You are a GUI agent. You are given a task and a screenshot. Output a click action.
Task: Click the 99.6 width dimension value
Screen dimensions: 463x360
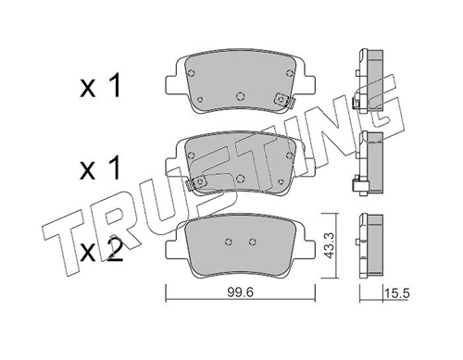[241, 292]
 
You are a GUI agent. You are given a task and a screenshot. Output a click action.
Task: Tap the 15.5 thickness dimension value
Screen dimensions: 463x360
[396, 293]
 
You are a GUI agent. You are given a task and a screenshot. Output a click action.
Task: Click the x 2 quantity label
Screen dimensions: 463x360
[101, 252]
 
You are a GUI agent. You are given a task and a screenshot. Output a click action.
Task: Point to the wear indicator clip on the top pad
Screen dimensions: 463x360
[284, 100]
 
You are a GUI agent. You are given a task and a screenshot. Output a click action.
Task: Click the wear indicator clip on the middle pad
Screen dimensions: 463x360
[196, 183]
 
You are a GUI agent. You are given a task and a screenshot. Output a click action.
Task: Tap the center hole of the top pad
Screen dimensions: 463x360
[240, 96]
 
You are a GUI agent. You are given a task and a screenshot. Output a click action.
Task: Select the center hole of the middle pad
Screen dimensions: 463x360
[240, 179]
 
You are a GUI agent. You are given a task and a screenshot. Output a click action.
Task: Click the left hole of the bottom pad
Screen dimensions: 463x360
[229, 242]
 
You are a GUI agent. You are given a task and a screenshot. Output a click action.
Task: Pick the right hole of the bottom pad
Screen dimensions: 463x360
[253, 242]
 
